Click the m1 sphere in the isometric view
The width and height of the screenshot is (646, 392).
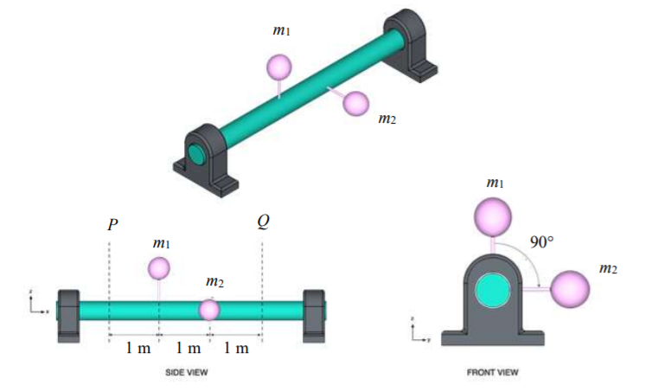(x=278, y=67)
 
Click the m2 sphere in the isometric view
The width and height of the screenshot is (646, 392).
(x=355, y=103)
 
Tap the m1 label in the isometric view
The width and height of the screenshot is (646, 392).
(x=281, y=31)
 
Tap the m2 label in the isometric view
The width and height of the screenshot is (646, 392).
(x=387, y=118)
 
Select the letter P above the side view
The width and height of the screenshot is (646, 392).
(x=112, y=225)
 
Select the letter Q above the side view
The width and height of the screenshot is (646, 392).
(x=263, y=222)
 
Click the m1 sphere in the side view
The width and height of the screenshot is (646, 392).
(x=159, y=268)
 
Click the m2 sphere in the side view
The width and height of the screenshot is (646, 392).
(x=209, y=309)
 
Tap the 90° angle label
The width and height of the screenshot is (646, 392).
(x=541, y=241)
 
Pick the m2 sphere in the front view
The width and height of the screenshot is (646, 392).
(x=570, y=289)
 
